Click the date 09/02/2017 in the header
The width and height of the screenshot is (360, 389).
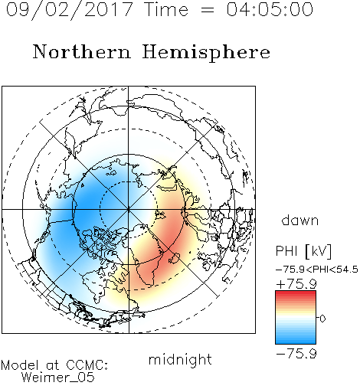pyautogui.click(x=69, y=10)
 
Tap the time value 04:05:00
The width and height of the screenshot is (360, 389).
pyautogui.click(x=270, y=9)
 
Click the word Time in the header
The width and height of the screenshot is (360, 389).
pyautogui.click(x=166, y=9)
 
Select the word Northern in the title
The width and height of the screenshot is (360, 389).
pyautogui.click(x=82, y=51)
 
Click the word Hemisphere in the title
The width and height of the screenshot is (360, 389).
pyautogui.click(x=206, y=53)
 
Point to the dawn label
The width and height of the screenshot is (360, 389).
pyautogui.click(x=300, y=220)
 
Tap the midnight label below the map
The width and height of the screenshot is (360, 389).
pyautogui.click(x=180, y=359)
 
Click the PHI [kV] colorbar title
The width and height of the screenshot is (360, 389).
pyautogui.click(x=303, y=251)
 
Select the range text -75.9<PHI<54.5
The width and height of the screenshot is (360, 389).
pyautogui.click(x=317, y=270)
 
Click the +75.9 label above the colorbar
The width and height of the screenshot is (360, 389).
pyautogui.click(x=296, y=284)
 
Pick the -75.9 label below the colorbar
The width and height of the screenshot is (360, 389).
pyautogui.click(x=296, y=354)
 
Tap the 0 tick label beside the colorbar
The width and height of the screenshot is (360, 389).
pyautogui.click(x=322, y=319)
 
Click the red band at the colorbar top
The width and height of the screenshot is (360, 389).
pyautogui.click(x=296, y=294)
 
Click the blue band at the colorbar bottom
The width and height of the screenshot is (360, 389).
pyautogui.click(x=296, y=340)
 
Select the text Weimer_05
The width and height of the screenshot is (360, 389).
pyautogui.click(x=58, y=378)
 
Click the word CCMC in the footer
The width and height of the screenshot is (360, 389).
pyautogui.click(x=87, y=365)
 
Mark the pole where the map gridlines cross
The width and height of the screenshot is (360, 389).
pyautogui.click(x=129, y=209)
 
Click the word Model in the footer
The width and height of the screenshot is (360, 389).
pyautogui.click(x=21, y=365)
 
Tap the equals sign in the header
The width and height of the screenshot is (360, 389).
pyautogui.click(x=208, y=10)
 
